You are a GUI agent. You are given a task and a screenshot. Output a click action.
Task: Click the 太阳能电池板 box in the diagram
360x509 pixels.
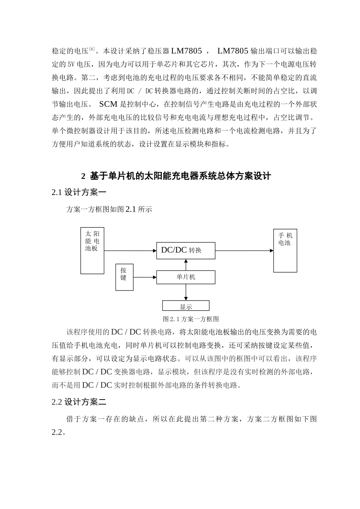(92, 250)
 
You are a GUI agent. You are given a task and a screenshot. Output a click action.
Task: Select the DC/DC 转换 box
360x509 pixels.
(186, 250)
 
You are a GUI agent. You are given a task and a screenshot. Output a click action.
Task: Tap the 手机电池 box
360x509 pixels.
(285, 250)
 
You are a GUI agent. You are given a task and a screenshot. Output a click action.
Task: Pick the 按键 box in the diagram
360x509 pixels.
(124, 277)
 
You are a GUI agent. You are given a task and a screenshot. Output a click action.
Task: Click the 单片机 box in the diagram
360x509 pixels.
(186, 277)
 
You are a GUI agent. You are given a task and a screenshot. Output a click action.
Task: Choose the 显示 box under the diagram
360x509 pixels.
(186, 306)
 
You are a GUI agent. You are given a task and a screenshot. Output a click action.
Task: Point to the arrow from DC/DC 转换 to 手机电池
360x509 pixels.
(244, 250)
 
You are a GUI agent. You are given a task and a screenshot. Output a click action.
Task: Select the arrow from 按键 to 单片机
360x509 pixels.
(145, 277)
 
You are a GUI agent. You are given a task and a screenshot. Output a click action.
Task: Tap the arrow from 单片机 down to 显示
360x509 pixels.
(186, 292)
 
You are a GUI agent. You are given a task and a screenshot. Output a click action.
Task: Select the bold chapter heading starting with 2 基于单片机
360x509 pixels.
(176, 176)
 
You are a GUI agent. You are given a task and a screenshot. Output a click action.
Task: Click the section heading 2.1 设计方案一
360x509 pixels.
(79, 192)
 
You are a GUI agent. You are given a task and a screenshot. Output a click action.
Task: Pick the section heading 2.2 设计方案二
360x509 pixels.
(79, 402)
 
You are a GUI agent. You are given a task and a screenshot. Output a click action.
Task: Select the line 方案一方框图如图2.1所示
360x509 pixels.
(109, 209)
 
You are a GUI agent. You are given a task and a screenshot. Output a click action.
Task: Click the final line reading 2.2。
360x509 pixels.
(59, 432)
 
